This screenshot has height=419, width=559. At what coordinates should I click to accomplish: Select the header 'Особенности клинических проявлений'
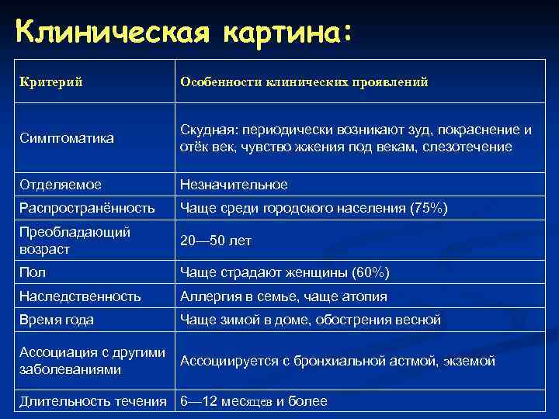point(304,81)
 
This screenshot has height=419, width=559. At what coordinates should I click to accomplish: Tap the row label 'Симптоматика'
point(66,138)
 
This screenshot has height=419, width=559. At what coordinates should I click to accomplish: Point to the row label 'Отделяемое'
point(61,185)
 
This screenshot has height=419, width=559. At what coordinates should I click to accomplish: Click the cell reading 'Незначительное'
point(234,185)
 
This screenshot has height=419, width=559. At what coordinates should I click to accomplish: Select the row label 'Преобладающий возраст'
point(75,241)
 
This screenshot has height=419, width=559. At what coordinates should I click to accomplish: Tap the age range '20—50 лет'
point(215,241)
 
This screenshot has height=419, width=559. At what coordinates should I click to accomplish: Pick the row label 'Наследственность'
point(80,296)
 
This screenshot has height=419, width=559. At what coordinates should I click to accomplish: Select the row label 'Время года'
point(57,320)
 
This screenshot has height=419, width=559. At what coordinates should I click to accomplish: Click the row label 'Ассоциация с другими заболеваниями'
point(92,361)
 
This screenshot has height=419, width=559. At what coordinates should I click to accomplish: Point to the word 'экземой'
point(470,361)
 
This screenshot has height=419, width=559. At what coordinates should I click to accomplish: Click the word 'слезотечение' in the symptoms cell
point(472,147)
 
